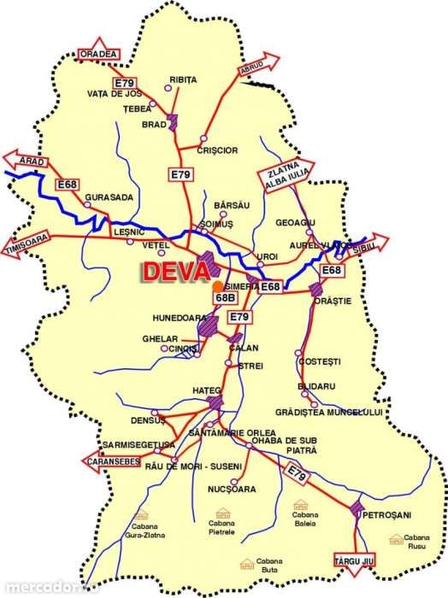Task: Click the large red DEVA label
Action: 174,271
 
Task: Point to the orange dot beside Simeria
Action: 220,286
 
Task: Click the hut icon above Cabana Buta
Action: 246,563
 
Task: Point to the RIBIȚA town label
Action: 183,79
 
